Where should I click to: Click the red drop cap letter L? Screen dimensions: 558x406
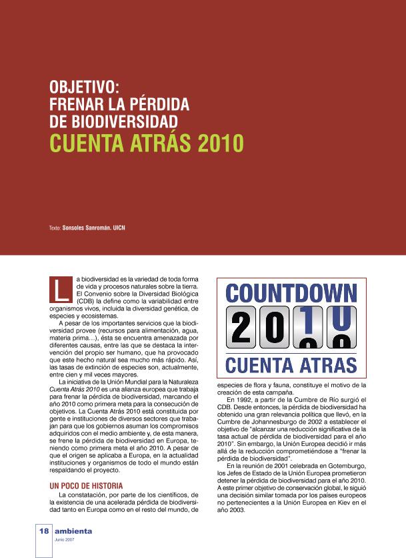click(61, 288)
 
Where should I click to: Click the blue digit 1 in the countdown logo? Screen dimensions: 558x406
click(306, 320)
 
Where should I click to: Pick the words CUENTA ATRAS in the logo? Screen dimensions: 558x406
click(291, 366)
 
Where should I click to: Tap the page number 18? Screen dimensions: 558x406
click(43, 531)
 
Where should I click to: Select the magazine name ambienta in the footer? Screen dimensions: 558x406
click(73, 531)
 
